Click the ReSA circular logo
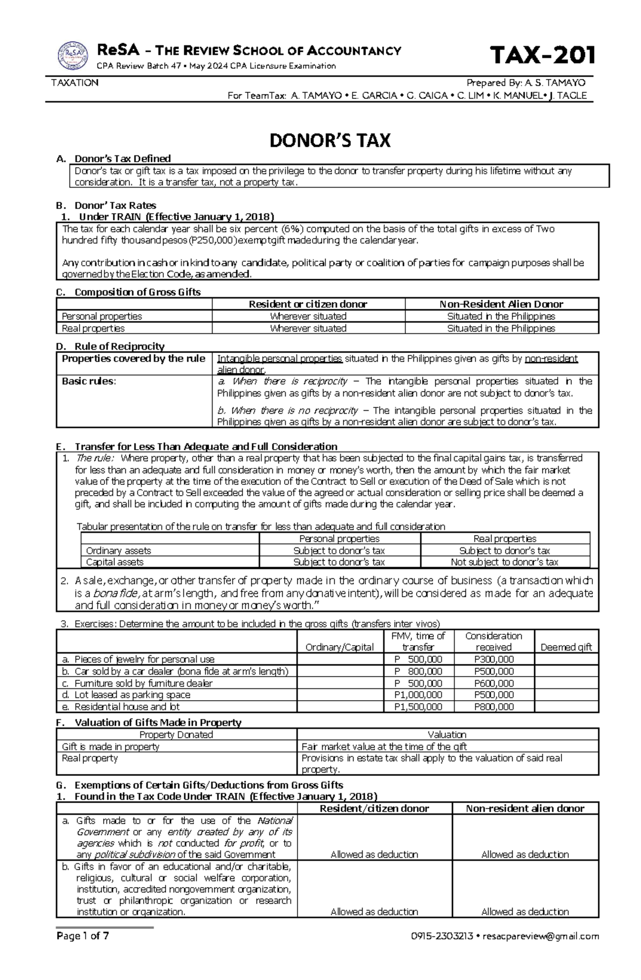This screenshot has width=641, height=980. coord(73,55)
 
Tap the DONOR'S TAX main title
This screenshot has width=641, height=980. coord(330,140)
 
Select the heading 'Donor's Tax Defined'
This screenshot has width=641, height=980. coord(122,158)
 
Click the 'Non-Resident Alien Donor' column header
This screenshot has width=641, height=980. coord(501,304)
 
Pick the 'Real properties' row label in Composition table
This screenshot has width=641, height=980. coord(93,328)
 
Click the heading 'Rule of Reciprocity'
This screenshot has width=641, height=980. coord(119,346)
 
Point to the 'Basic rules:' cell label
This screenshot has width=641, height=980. coord(89,381)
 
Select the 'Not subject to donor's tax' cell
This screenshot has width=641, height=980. coord(504,562)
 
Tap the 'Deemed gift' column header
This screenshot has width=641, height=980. coord(566,647)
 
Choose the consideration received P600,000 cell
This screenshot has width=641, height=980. coord(494,683)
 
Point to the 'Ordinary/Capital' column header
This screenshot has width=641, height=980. coord(339,647)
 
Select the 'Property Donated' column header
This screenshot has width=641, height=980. coord(176,735)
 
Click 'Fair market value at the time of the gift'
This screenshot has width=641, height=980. coord(384,747)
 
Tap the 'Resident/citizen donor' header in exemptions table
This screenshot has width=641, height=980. coord(374,808)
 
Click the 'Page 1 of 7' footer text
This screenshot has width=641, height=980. coord(83,951)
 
